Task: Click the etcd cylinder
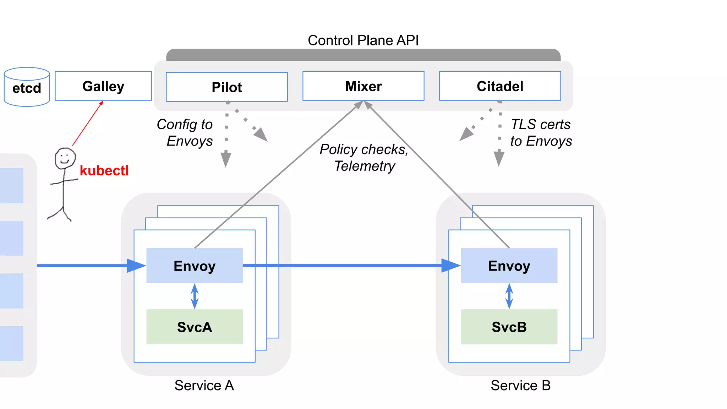click(27, 87)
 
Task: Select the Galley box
click(103, 86)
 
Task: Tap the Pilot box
click(226, 87)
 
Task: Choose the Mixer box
click(363, 86)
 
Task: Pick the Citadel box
click(500, 86)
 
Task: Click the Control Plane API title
click(363, 40)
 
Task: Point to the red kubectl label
click(104, 171)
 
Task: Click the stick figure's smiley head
click(65, 158)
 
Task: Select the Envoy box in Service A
click(195, 266)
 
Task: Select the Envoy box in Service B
click(509, 266)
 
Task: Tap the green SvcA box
click(195, 327)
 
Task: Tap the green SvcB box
click(509, 327)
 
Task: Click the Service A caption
click(204, 386)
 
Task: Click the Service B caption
click(520, 386)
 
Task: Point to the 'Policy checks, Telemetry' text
click(364, 158)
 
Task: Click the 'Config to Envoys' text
click(185, 133)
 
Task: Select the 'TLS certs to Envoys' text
click(541, 133)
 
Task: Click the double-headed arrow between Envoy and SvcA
click(195, 296)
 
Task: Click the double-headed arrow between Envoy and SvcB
click(509, 296)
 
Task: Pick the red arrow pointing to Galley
click(88, 123)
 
